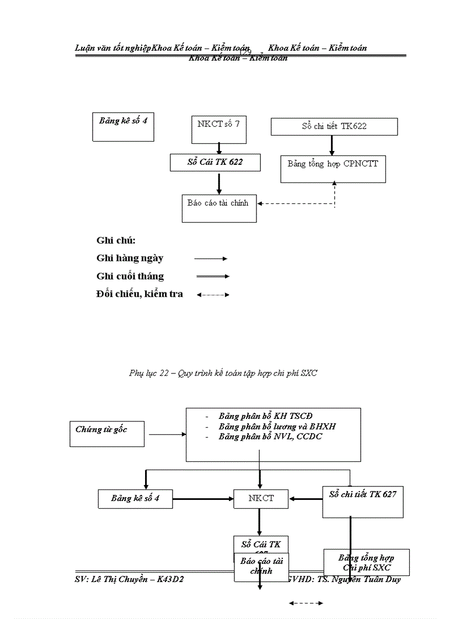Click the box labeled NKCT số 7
(218, 129)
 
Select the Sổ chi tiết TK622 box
(334, 126)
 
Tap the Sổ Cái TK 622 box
(215, 162)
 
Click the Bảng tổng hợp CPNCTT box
(333, 169)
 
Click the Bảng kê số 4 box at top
(123, 127)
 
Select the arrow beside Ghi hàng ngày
(211, 258)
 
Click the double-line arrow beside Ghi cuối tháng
(212, 276)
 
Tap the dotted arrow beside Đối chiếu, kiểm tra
(213, 295)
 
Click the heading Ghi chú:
(116, 240)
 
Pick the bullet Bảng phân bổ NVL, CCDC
(270, 437)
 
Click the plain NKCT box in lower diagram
(261, 499)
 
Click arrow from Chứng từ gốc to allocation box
(168, 434)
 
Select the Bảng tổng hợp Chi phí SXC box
(366, 562)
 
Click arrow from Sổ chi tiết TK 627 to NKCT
(306, 499)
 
